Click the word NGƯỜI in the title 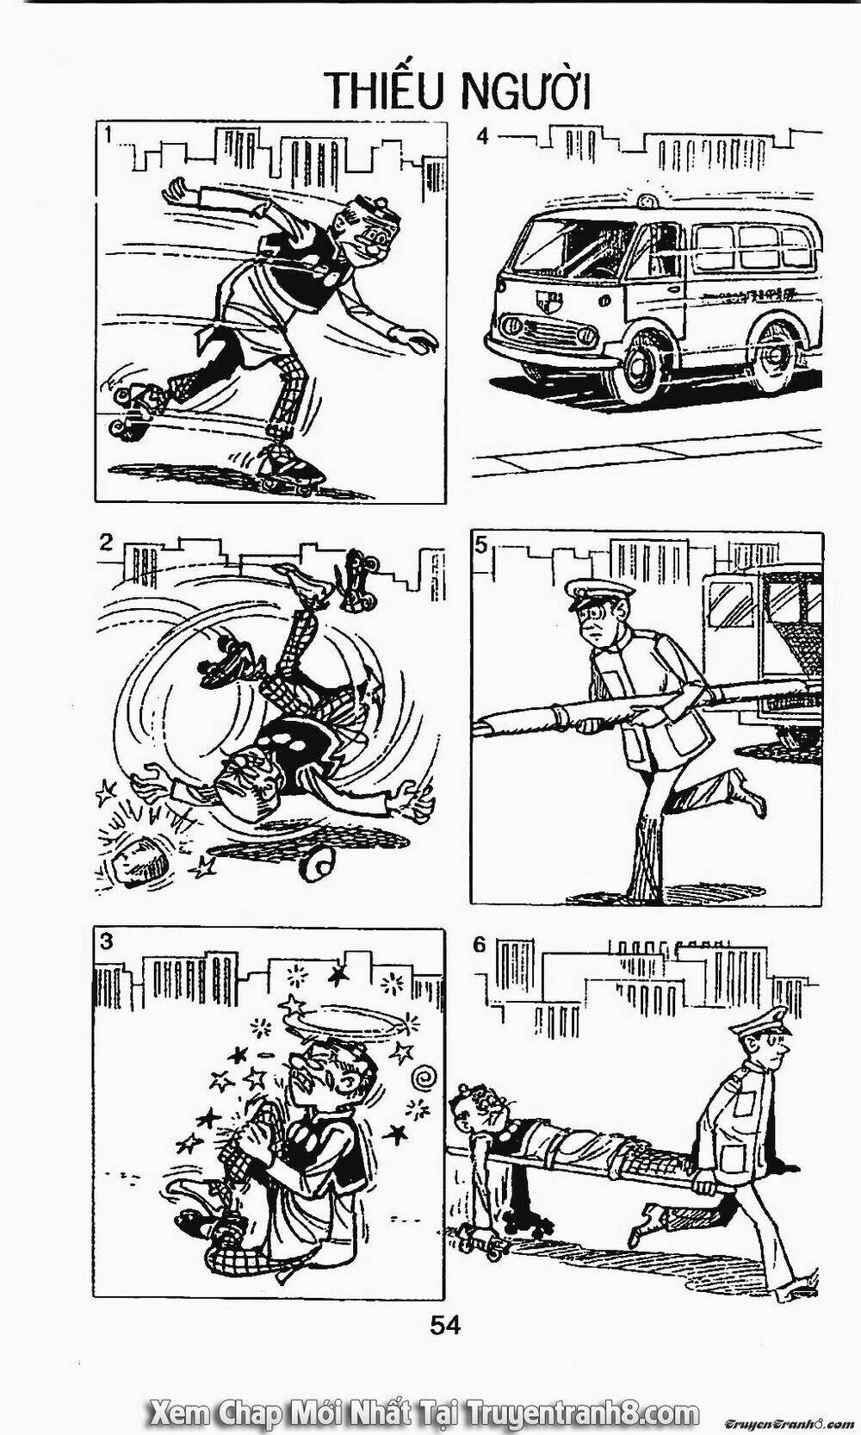pyautogui.click(x=526, y=89)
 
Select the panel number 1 pyautogui.click(x=109, y=135)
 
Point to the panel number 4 pyautogui.click(x=483, y=136)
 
